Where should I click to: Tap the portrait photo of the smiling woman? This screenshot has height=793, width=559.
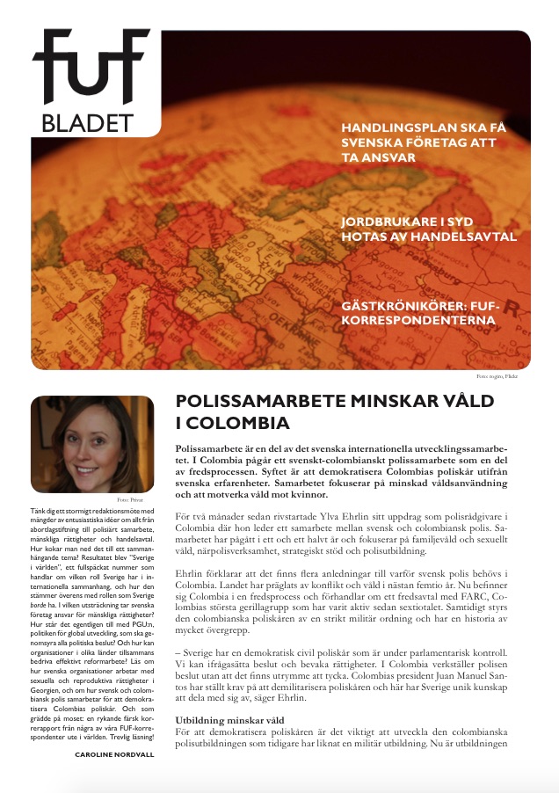pos(91,443)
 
